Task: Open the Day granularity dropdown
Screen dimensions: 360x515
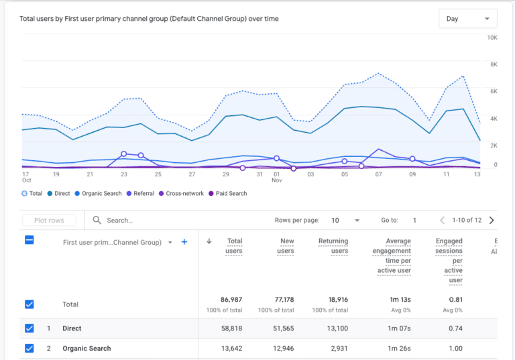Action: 467,19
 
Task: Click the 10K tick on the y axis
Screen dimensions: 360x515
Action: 492,38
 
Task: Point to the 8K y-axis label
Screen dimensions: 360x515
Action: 493,65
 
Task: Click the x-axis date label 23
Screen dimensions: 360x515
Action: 124,174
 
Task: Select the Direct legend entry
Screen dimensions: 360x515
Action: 58,193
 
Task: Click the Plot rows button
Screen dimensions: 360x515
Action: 49,220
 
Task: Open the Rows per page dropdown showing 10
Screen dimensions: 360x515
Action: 346,220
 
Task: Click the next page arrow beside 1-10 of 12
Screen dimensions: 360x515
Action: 492,220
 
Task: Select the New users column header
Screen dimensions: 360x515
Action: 286,246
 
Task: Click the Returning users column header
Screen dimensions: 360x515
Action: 333,246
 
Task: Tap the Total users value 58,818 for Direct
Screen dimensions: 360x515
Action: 231,328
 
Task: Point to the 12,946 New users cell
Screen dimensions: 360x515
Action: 282,349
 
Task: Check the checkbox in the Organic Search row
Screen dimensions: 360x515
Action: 29,349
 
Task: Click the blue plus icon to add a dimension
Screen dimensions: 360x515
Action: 184,242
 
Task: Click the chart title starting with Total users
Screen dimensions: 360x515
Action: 150,19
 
